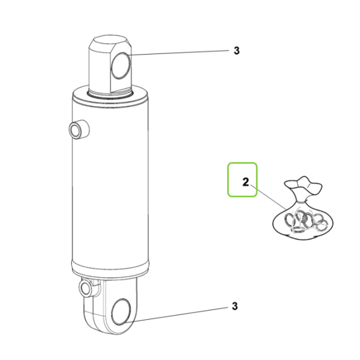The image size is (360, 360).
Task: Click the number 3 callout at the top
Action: (x=236, y=50)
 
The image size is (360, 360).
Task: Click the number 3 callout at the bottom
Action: (x=235, y=306)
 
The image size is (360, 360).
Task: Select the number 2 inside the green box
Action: (x=245, y=182)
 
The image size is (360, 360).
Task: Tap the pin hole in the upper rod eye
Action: (x=121, y=65)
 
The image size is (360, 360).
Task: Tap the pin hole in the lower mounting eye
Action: (x=121, y=312)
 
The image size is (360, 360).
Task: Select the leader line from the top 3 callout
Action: (x=179, y=53)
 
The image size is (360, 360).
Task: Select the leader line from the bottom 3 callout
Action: (x=177, y=314)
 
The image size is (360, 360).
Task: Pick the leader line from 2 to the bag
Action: (x=269, y=197)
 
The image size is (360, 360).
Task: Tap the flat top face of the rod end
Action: (x=110, y=42)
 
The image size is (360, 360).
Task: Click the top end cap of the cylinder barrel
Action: (x=110, y=98)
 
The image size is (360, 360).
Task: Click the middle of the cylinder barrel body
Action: (x=110, y=184)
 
